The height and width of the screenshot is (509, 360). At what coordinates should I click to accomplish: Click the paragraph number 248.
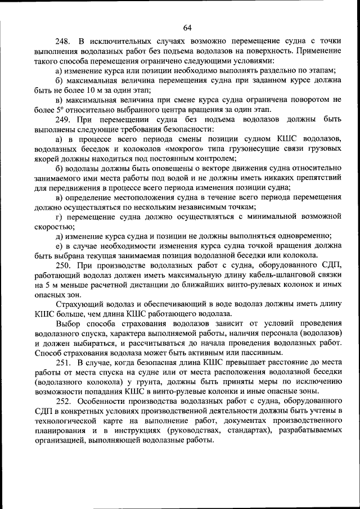[63, 42]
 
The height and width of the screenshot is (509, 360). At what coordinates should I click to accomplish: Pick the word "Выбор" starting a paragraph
[68, 324]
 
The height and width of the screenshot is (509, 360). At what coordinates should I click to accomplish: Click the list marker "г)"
[59, 216]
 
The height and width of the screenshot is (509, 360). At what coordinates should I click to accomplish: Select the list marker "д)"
[59, 236]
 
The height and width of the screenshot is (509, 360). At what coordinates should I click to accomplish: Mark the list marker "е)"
[59, 246]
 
